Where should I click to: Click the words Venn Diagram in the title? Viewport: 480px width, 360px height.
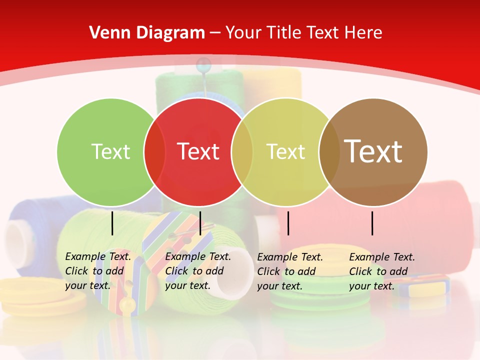[147, 33]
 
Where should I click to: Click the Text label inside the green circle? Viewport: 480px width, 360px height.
[110, 151]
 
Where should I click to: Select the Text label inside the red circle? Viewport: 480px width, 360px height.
[198, 151]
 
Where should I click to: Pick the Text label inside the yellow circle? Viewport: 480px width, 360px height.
[285, 151]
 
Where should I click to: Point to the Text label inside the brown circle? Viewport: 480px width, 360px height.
[373, 151]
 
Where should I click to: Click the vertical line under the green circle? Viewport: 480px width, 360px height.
[112, 223]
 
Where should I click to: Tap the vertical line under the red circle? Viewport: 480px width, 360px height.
[200, 223]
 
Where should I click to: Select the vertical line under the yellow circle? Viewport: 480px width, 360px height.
[288, 223]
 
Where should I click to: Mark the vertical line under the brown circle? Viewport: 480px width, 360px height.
[372, 223]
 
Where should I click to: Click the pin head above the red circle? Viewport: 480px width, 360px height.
[203, 63]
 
